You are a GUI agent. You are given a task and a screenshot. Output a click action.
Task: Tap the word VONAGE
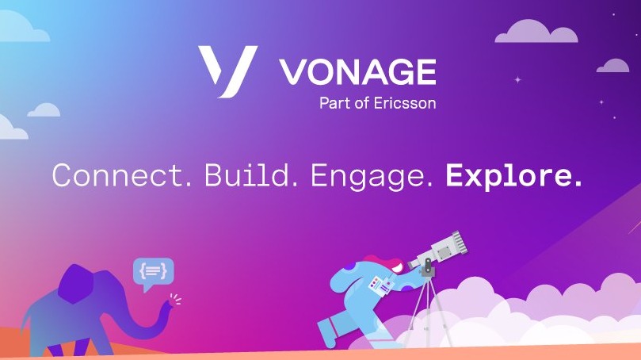pyautogui.click(x=358, y=72)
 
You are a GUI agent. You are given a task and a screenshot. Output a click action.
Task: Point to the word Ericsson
pyautogui.click(x=405, y=103)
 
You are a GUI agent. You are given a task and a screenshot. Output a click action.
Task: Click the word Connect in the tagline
pyautogui.click(x=121, y=175)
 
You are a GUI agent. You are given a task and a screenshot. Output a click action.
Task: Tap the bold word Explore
pyautogui.click(x=513, y=177)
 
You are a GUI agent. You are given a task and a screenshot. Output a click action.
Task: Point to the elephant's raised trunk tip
pyautogui.click(x=168, y=304)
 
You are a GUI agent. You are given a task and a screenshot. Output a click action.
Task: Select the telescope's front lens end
pyautogui.click(x=459, y=240)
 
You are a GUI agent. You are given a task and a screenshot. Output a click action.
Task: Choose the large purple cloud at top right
pyautogui.click(x=536, y=32)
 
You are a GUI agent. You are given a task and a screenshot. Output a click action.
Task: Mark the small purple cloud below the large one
pyautogui.click(x=612, y=66)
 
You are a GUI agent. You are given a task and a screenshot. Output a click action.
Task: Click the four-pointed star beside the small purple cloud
pyautogui.click(x=517, y=79)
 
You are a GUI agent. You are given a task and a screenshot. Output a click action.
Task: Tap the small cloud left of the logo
pyautogui.click(x=44, y=110)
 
